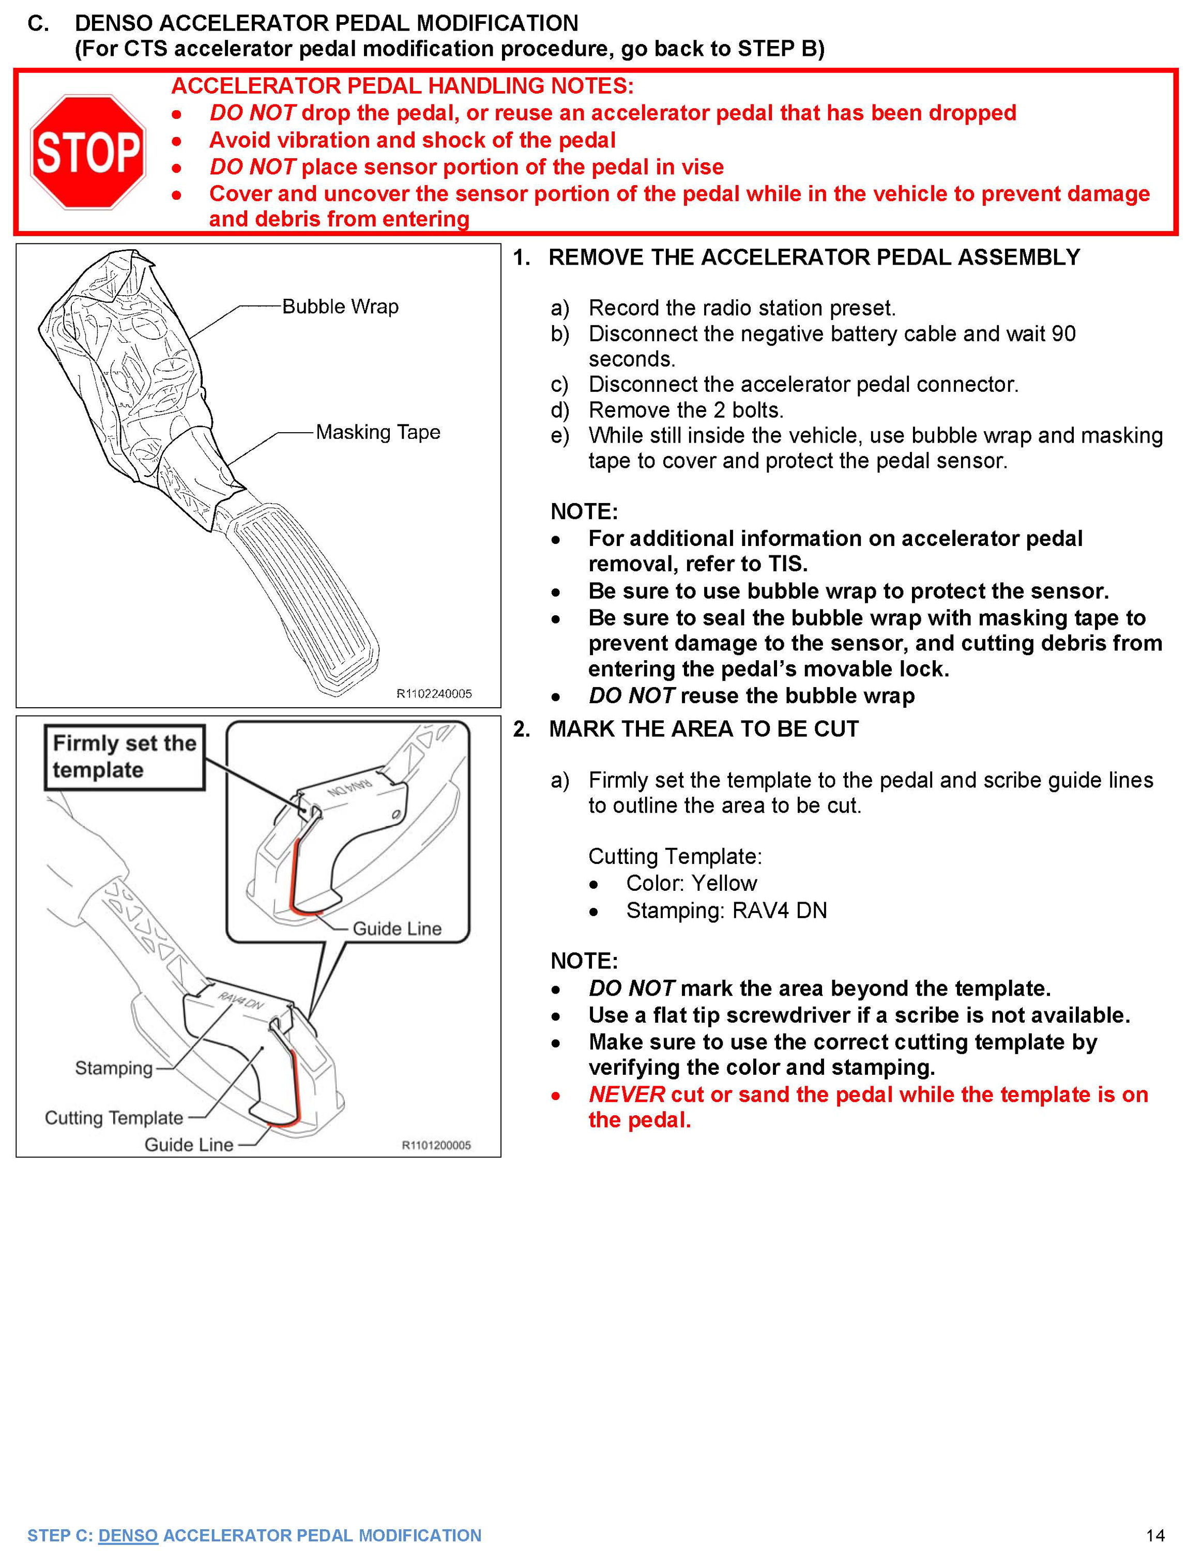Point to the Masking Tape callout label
[377, 432]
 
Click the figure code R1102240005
[434, 694]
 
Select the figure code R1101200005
[436, 1145]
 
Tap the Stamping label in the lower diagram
[114, 1068]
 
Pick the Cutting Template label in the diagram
[114, 1118]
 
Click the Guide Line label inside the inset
[397, 929]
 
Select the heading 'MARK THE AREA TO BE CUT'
[703, 729]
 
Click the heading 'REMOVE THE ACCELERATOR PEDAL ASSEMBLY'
[814, 257]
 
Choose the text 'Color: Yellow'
[691, 883]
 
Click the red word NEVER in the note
[626, 1094]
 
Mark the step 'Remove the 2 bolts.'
[686, 410]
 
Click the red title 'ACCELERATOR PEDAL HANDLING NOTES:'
[402, 86]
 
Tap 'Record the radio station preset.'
[742, 308]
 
